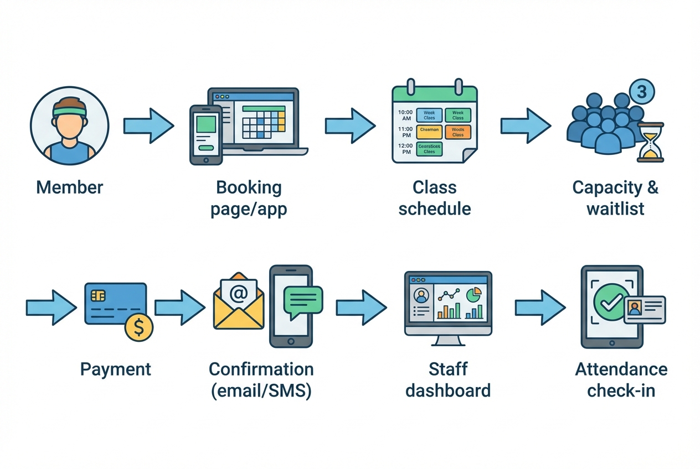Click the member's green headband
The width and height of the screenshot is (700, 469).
[x=69, y=111]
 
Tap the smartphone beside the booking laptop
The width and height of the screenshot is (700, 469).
[x=206, y=134]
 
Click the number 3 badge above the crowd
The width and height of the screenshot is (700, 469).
[x=641, y=92]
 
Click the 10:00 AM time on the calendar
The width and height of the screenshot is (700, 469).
[x=405, y=115]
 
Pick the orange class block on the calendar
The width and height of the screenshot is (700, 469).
[x=457, y=132]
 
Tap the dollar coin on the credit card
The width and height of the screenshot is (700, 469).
[x=139, y=327]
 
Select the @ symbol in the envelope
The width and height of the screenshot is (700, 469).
[x=238, y=293]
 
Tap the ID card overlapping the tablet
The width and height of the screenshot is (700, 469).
[x=644, y=310]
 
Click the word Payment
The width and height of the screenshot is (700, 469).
[x=115, y=369]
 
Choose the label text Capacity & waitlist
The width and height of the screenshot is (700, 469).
[x=615, y=197]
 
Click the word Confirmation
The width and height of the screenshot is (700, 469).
[x=261, y=369]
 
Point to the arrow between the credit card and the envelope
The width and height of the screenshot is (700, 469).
[x=179, y=308]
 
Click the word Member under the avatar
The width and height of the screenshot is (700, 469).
[x=69, y=187]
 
